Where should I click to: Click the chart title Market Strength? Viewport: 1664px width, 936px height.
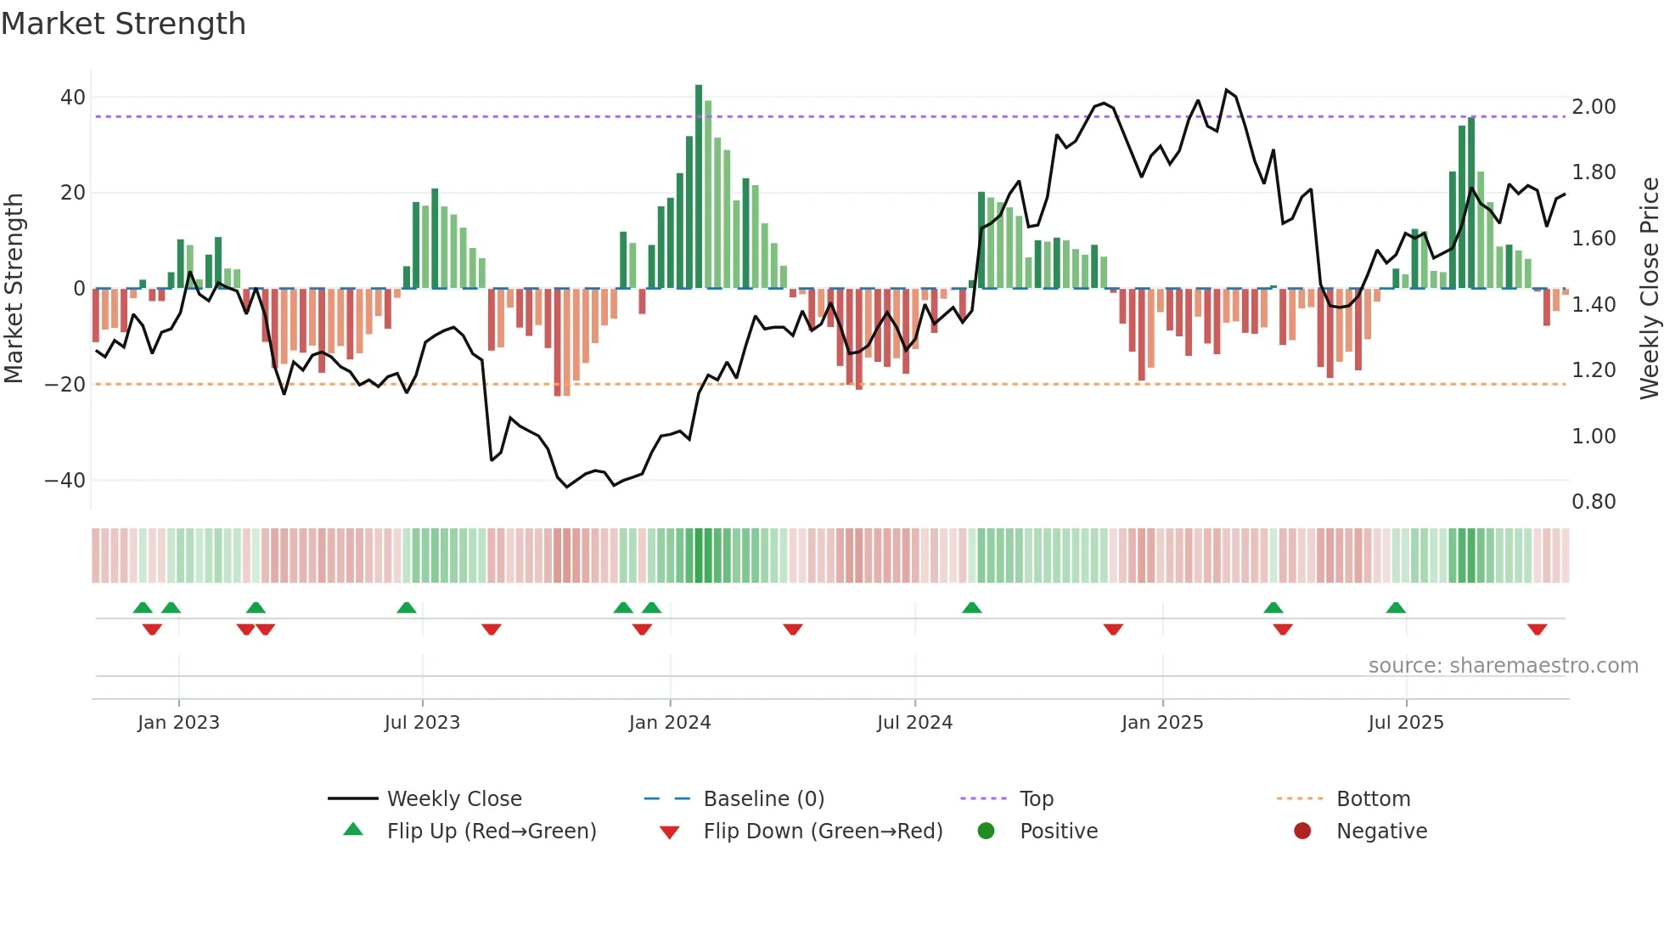click(x=123, y=24)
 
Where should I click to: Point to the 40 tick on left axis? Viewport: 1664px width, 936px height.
click(x=72, y=98)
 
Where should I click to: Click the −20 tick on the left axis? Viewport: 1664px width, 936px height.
click(x=65, y=385)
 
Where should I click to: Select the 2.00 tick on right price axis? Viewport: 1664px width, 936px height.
click(x=1594, y=107)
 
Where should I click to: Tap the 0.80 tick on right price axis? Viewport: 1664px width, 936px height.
click(x=1594, y=502)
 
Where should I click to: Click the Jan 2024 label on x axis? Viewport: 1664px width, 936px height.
click(x=669, y=723)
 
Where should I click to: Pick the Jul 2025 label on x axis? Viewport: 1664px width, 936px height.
click(x=1405, y=723)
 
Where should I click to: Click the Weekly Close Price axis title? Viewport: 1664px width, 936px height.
click(x=1649, y=289)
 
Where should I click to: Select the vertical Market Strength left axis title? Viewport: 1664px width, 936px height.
click(x=14, y=289)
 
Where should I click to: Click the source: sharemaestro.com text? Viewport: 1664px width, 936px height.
click(x=1503, y=666)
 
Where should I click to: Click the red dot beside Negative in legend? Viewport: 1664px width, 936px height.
click(x=1302, y=832)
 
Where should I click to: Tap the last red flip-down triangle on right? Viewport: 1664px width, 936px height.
click(x=1537, y=629)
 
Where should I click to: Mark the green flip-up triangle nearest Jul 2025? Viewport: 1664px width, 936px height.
click(x=1396, y=607)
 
